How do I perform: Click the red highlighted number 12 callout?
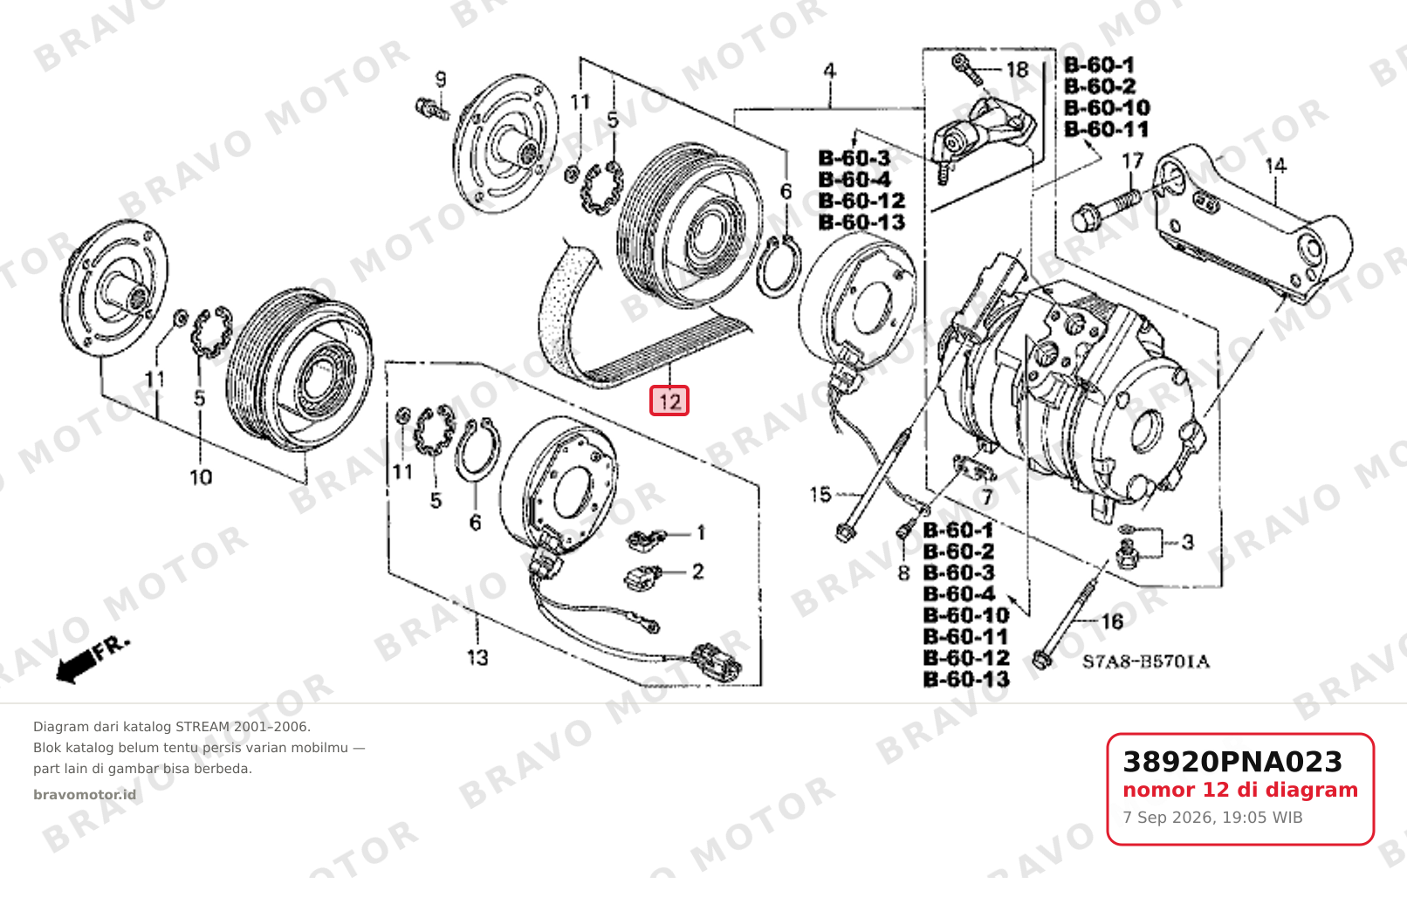click(669, 401)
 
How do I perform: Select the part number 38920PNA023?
click(1232, 762)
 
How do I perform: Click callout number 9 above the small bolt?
click(441, 79)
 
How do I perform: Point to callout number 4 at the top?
click(830, 71)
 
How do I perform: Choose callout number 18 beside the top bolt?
click(1018, 69)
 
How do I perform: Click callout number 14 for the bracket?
click(1276, 166)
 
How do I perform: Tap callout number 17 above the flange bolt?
click(1133, 161)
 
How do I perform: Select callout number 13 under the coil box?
click(477, 657)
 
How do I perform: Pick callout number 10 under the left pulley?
click(201, 478)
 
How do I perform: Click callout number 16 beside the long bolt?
click(1112, 621)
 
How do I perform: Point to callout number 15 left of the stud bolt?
click(820, 495)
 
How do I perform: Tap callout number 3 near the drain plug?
click(1188, 542)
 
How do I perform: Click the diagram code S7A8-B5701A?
click(1145, 661)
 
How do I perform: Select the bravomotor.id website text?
click(85, 795)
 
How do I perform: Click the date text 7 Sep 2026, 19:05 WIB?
click(1213, 818)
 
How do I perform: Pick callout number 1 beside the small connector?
click(701, 533)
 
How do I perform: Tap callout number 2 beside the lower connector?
click(698, 572)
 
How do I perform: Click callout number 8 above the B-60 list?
click(903, 573)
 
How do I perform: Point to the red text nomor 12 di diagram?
click(1240, 790)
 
